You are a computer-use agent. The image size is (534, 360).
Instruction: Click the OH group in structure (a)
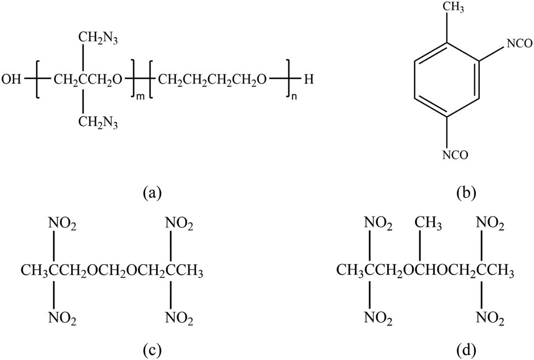11,79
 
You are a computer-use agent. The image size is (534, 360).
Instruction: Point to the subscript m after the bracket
140,98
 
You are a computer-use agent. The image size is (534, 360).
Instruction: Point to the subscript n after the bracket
294,98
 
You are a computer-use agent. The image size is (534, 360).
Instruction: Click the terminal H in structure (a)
308,79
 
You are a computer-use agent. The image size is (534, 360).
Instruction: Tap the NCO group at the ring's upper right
519,44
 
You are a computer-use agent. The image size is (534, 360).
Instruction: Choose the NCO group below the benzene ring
456,155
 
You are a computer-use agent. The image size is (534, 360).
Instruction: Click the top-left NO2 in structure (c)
62,225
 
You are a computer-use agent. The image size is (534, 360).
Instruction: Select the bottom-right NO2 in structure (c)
179,318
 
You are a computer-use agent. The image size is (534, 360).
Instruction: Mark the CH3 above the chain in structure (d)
428,225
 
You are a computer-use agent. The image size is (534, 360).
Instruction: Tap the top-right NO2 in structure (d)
490,225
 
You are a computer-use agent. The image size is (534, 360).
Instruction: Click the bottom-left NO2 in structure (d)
378,318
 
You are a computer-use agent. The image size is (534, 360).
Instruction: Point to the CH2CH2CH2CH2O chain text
212,81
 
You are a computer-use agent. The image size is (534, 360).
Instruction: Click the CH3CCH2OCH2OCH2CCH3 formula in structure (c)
112,272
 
